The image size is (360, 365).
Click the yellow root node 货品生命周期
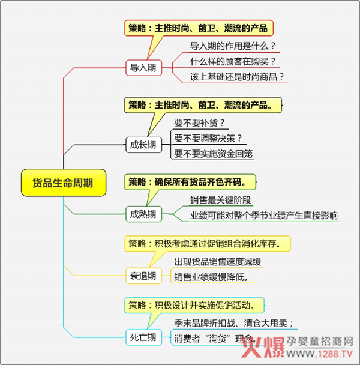coord(64,182)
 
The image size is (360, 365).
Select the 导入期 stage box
coord(143,68)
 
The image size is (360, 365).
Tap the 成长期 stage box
coord(143,145)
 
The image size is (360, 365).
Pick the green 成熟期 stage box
coord(143,214)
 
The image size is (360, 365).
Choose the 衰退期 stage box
coord(143,276)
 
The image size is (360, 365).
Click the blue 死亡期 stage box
coord(143,337)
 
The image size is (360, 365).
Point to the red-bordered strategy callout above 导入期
coord(199,28)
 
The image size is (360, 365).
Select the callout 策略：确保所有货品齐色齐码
coord(190,182)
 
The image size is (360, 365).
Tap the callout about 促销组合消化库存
coord(207,244)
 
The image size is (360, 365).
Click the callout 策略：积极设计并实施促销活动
coord(194,305)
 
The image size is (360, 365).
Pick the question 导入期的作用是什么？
coord(233,46)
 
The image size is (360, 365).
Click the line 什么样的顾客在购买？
coord(233,62)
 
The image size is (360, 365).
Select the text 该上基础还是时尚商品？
coord(237,77)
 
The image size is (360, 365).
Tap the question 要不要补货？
coord(199,123)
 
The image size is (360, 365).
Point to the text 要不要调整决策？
coord(208,139)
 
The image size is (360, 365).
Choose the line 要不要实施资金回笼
coord(214,154)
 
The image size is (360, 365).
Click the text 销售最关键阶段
coord(221,200)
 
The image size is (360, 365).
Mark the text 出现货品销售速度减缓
coord(218,262)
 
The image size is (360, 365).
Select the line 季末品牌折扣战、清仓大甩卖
coord(233,323)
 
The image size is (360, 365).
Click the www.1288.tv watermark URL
coord(320,354)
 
